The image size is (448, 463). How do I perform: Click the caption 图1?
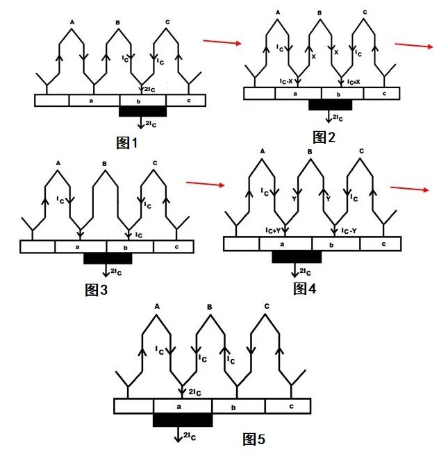127,143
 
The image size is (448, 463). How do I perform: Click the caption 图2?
324,137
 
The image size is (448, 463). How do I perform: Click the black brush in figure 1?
143,111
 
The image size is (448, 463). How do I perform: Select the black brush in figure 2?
331,105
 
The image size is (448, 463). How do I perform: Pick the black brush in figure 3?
108,258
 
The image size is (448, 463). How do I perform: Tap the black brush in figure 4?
297,256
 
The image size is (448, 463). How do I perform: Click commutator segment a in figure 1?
94,100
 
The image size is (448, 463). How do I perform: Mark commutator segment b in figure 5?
238,405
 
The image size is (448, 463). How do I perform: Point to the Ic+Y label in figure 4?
275,229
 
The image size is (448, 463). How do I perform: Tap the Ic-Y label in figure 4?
349,230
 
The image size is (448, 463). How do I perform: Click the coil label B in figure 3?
104,164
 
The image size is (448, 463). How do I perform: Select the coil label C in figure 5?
267,306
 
